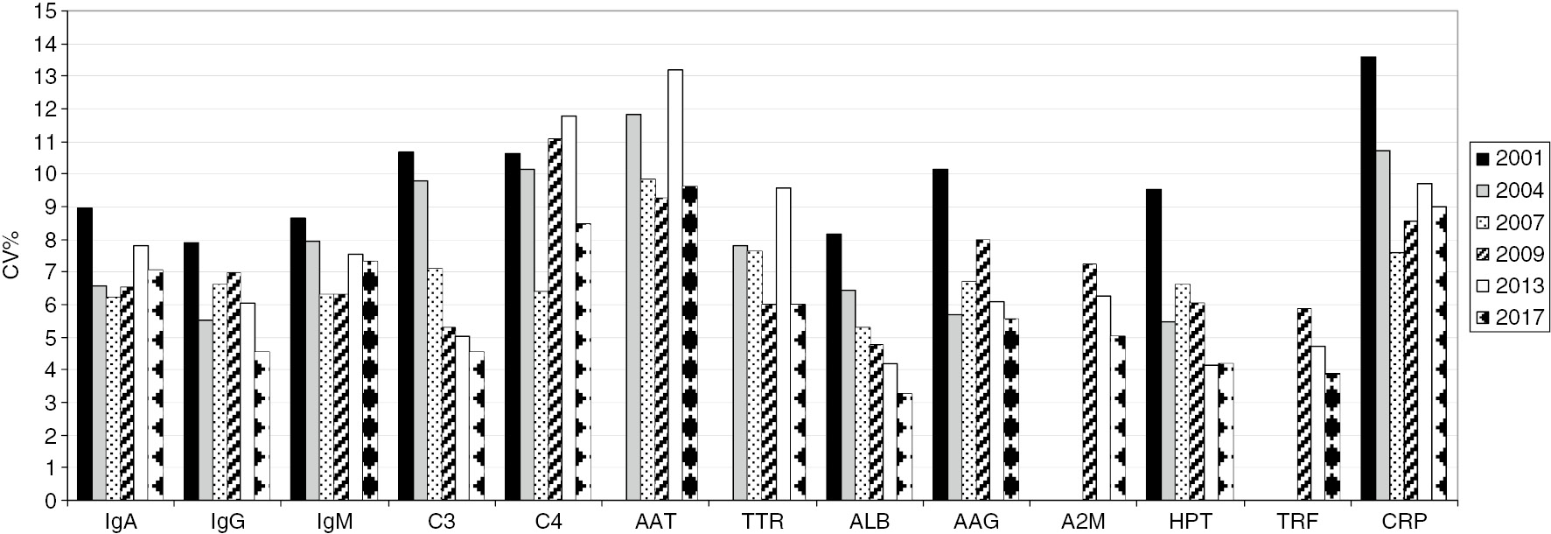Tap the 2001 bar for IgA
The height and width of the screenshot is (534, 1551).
click(85, 354)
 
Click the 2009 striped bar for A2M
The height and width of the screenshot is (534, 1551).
click(1089, 382)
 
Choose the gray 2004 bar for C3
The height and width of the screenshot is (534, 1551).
click(421, 341)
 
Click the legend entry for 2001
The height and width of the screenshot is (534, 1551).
click(1511, 158)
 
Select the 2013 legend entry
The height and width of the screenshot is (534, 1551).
click(1511, 285)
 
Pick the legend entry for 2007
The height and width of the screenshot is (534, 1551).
click(1511, 222)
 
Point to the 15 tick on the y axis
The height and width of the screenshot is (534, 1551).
click(47, 12)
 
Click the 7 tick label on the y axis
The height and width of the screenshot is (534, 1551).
click(52, 272)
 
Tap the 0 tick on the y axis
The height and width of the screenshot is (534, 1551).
click(52, 501)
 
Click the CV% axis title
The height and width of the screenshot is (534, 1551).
click(12, 256)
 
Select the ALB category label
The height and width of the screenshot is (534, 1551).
click(869, 522)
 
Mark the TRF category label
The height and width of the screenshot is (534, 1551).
click(1298, 522)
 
